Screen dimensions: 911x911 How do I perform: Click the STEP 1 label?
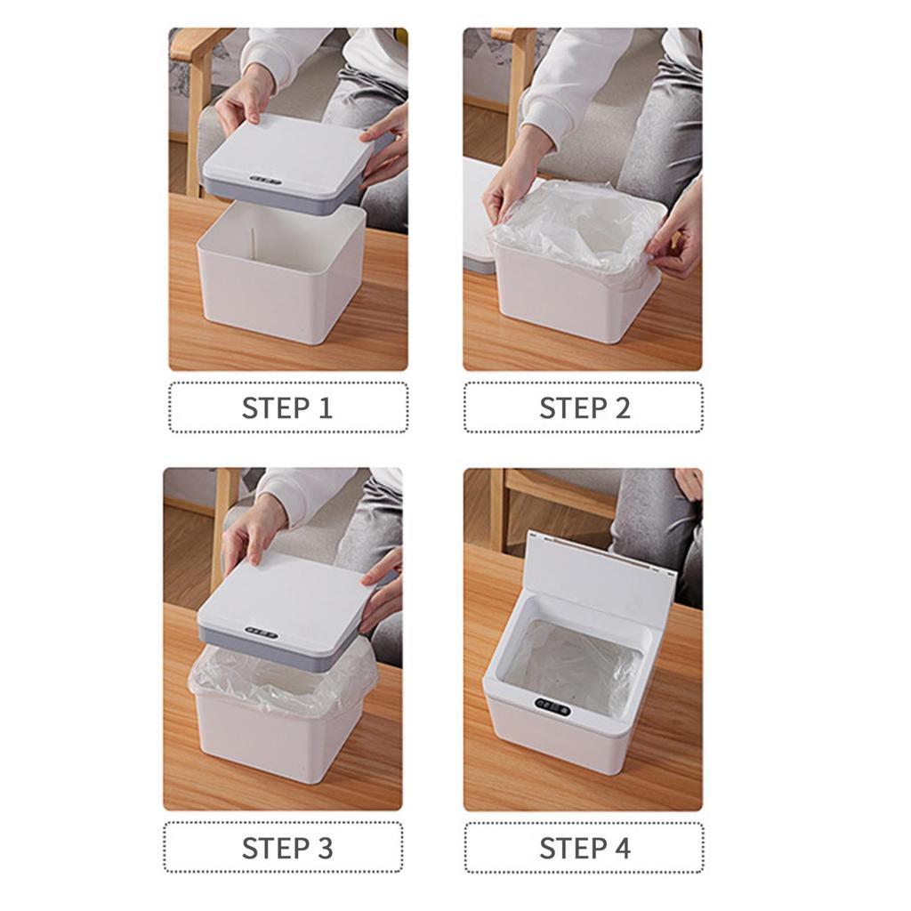click(287, 408)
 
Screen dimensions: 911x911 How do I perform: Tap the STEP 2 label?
click(584, 408)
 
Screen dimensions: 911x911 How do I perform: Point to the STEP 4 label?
click(584, 848)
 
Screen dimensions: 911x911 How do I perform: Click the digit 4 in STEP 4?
click(622, 848)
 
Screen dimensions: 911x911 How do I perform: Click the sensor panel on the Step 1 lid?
click(264, 180)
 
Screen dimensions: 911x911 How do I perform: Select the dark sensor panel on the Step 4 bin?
click(552, 709)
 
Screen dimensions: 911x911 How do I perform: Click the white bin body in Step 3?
click(276, 743)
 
